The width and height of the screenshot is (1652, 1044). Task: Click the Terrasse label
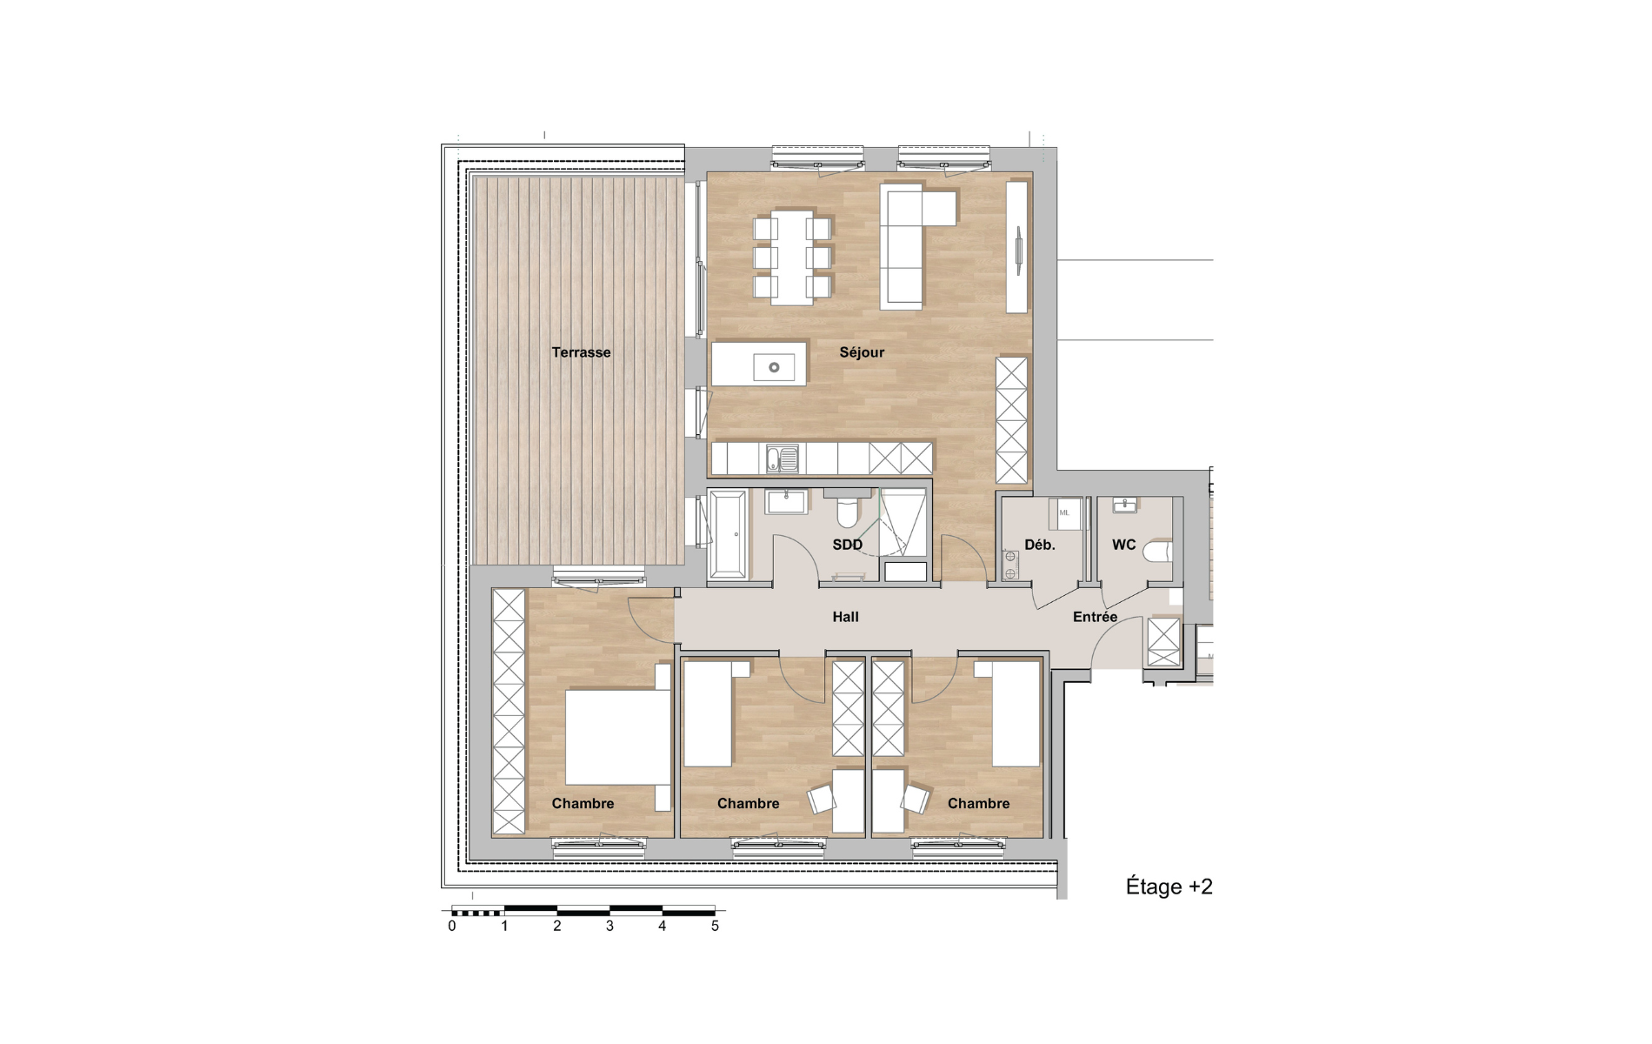coord(581,352)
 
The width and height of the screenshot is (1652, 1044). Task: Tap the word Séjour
coord(862,352)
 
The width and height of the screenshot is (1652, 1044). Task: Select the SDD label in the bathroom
coord(847,545)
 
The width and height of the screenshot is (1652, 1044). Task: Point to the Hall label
coord(845,617)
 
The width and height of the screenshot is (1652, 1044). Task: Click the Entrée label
coord(1095,617)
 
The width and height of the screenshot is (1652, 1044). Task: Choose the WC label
coord(1123,545)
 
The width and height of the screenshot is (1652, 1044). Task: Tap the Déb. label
coord(1039,545)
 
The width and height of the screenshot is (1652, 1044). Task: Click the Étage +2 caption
coord(1169,887)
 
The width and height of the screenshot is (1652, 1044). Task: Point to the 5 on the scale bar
coord(715,926)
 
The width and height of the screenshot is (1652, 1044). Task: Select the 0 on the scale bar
coord(452,926)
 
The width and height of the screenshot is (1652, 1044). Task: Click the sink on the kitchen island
coord(774,367)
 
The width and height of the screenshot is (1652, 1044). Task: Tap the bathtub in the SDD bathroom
coord(728,533)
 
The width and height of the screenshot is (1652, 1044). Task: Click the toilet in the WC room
coord(1157,552)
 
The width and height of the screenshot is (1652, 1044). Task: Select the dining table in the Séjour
coord(792,257)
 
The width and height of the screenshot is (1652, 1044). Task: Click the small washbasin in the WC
coord(1124,505)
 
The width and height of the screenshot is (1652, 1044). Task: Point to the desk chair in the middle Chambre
coord(823,799)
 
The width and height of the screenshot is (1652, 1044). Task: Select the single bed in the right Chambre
coord(1016,713)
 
